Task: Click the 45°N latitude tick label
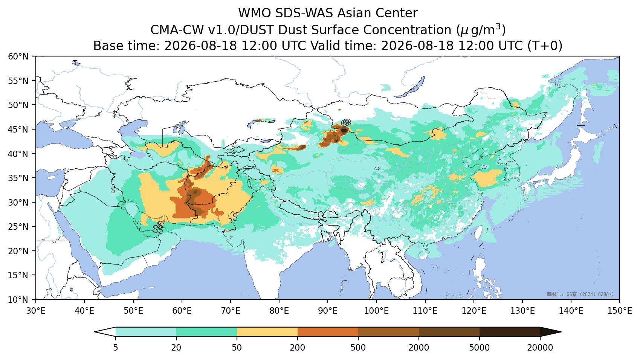click(18, 130)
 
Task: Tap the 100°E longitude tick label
click(376, 311)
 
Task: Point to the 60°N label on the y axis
click(18, 56)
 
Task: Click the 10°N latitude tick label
click(18, 300)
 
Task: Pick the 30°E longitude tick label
click(36, 311)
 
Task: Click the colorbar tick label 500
click(358, 348)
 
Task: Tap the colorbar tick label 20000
click(540, 348)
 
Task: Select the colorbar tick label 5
click(115, 348)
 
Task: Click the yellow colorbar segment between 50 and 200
click(267, 332)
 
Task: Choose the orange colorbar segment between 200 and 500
click(328, 332)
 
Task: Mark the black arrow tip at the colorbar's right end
click(561, 332)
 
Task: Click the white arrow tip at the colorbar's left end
click(95, 332)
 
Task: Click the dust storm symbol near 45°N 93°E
click(346, 122)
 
